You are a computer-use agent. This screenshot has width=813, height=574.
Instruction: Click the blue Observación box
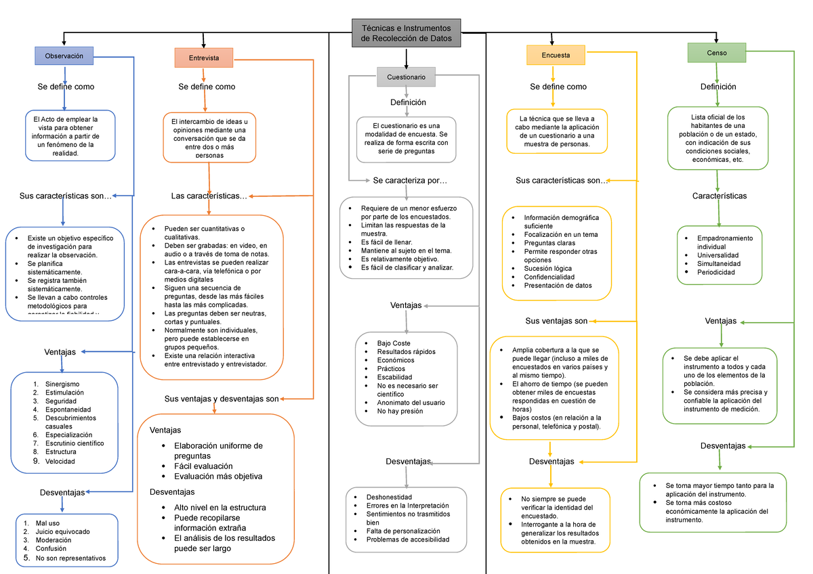[64, 56]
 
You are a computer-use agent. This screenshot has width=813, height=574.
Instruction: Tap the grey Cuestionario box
[406, 77]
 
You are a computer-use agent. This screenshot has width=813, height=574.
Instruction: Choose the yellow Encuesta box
[556, 55]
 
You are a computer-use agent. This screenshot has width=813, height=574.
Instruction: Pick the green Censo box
[716, 52]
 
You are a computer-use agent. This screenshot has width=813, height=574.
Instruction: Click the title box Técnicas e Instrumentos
[406, 33]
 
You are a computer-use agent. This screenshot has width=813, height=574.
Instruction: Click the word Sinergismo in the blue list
[62, 384]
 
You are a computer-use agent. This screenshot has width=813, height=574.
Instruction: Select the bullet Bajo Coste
[394, 343]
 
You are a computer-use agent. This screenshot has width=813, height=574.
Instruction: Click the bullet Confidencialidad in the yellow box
[549, 277]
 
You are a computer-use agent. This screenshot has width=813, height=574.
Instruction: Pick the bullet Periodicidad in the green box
[716, 272]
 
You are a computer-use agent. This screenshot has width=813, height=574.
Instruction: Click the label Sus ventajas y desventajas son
[222, 399]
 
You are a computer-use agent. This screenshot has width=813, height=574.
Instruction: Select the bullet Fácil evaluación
[203, 466]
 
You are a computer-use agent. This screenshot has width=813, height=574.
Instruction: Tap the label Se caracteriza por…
[410, 181]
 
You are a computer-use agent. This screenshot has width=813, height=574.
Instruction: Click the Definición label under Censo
[718, 87]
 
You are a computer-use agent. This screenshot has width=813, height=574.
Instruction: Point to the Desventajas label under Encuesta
[551, 462]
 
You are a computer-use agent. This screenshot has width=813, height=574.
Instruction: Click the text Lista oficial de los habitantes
[717, 116]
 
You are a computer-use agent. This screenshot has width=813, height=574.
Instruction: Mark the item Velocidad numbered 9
[60, 461]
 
